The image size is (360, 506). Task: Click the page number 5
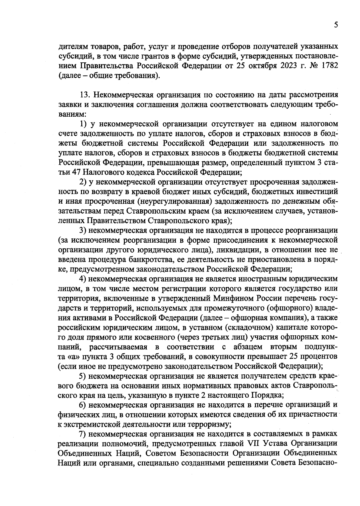point(336,25)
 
